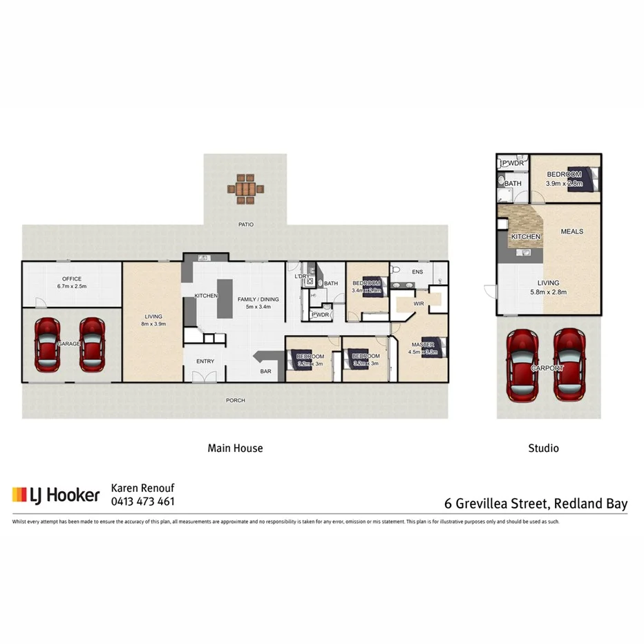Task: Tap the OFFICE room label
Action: pos(72,279)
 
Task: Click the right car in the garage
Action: pos(92,343)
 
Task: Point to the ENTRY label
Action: pos(205,361)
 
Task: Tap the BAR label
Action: pos(265,372)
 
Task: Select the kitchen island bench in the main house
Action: pos(225,299)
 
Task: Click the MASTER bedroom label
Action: pos(422,345)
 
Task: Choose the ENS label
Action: pos(417,272)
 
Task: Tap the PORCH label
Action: pos(236,400)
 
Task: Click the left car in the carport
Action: pos(524,365)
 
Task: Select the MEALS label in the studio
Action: pos(572,231)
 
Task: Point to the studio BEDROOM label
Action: pos(564,174)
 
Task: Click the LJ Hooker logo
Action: pos(56,495)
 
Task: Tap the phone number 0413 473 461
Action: pos(143,502)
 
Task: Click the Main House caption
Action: pos(235,448)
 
